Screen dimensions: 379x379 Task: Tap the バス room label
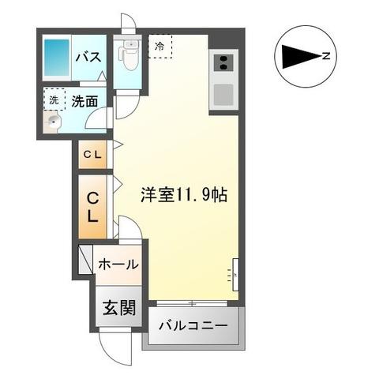pos(86,57)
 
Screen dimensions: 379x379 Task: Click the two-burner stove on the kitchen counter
pos(222,63)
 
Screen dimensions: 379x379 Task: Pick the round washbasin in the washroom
pos(53,122)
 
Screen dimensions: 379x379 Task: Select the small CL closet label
pos(93,155)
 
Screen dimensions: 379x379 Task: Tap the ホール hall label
pos(117,265)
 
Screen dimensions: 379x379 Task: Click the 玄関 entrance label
pos(115,308)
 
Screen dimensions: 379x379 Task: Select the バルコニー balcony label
pos(193,325)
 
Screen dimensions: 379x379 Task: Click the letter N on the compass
pos(325,55)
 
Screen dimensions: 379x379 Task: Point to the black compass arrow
pos(298,56)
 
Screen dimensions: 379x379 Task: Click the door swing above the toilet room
pos(126,24)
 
